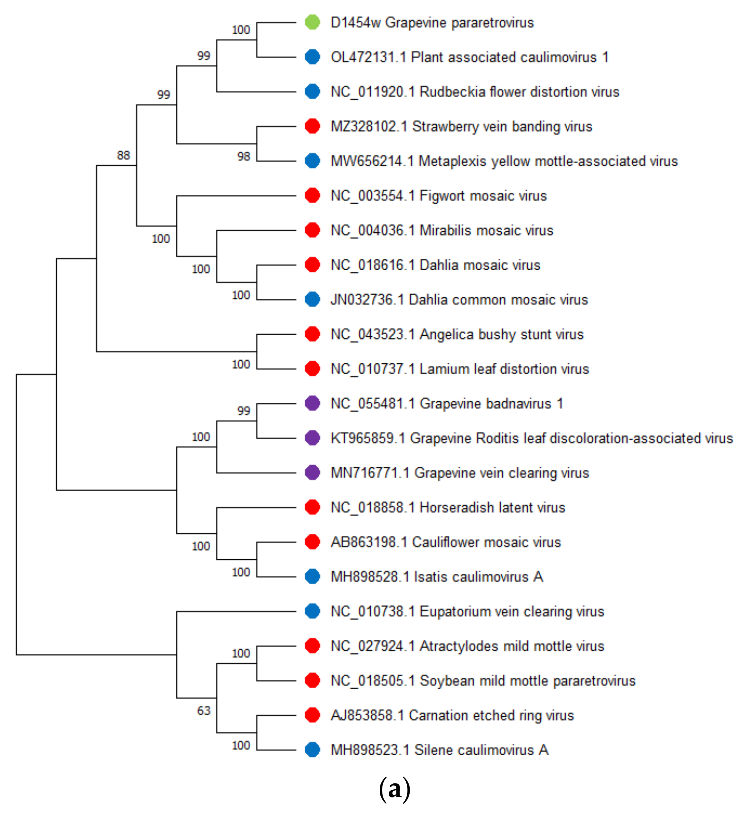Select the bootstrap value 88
coord(123,155)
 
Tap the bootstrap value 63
coord(204,711)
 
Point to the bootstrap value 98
coord(244,156)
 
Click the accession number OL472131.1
coord(368,57)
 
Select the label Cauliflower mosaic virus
coord(486,542)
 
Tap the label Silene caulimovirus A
coord(481,750)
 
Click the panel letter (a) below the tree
coord(394,789)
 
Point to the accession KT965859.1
coord(368,438)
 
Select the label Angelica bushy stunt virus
coord(501,334)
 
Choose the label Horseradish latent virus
coord(492,507)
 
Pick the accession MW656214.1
coord(372,161)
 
